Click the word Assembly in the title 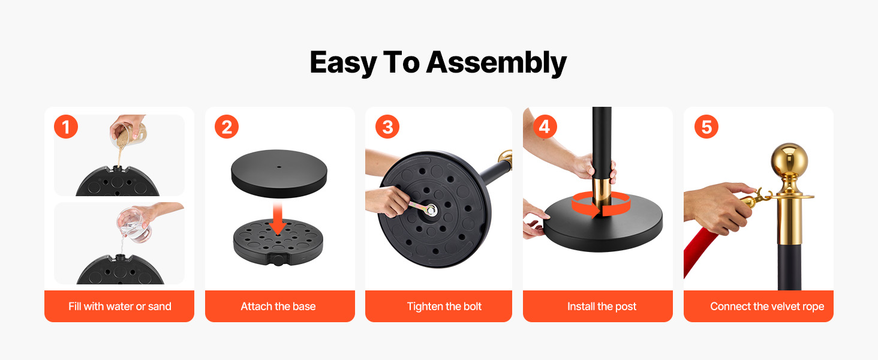click(496, 63)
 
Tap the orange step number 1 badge click(66, 127)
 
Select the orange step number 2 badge click(227, 127)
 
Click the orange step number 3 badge click(387, 127)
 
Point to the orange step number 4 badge click(545, 127)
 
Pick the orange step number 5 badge click(706, 127)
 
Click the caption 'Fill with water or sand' click(119, 306)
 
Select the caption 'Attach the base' click(278, 306)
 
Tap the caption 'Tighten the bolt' click(444, 306)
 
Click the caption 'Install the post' click(602, 306)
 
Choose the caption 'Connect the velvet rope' click(767, 306)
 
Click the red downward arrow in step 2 click(278, 218)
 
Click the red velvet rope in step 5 click(700, 251)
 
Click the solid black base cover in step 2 click(279, 173)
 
